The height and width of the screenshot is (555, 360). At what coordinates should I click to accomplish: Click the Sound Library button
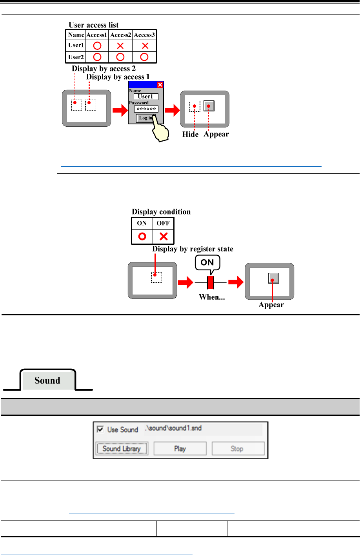click(122, 448)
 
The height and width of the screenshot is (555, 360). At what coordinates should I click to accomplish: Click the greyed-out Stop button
click(237, 448)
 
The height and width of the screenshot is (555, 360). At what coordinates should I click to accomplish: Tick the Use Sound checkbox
click(100, 429)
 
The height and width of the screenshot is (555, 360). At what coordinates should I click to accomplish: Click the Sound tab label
click(47, 380)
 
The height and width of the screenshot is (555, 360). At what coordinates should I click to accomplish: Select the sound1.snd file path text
click(173, 428)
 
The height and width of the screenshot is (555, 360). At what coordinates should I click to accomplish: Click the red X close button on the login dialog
click(160, 85)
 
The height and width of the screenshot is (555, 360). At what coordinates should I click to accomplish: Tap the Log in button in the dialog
click(145, 118)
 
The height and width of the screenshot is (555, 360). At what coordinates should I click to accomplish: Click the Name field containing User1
click(145, 96)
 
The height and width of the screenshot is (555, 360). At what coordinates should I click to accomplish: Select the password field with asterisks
click(146, 109)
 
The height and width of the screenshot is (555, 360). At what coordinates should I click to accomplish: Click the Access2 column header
click(120, 35)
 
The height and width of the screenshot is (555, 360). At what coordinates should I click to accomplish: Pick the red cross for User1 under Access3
click(145, 45)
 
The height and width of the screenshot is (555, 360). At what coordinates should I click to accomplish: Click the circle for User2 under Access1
click(97, 57)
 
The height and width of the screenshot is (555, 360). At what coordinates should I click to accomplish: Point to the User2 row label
click(76, 57)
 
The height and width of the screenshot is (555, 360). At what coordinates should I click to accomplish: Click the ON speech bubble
click(207, 262)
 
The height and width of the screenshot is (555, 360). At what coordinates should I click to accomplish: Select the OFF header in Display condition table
click(163, 223)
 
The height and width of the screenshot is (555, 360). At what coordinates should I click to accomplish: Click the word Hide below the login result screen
click(191, 134)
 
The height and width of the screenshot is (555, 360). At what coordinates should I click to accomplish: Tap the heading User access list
click(94, 25)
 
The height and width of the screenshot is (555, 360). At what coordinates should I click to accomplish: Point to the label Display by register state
click(193, 249)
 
